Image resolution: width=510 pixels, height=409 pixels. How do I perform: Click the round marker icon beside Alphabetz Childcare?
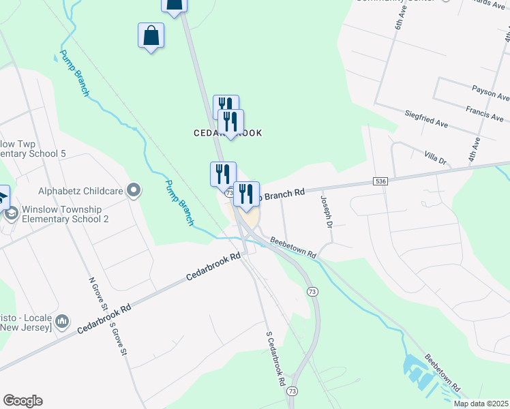point(134,191)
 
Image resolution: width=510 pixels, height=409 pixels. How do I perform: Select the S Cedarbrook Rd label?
point(275,360)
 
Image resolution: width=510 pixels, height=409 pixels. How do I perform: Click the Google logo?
point(22,401)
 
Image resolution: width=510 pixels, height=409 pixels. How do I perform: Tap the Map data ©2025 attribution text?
point(480,404)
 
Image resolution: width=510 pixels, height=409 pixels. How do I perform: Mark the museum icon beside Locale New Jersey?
point(62,320)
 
